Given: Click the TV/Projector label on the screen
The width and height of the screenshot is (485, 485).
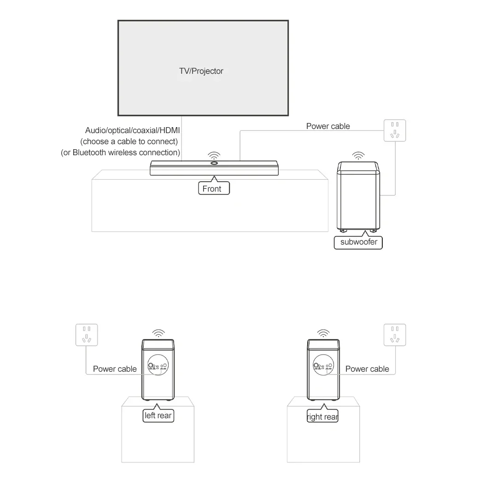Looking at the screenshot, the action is (201, 71).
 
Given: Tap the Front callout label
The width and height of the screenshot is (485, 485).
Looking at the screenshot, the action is (214, 188).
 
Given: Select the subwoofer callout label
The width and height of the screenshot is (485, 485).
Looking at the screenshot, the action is (358, 242).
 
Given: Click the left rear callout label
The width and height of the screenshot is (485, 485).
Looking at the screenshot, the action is (158, 415).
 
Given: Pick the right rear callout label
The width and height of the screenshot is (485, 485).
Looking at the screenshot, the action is (322, 416).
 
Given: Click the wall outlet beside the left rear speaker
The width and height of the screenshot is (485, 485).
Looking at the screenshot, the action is (87, 335).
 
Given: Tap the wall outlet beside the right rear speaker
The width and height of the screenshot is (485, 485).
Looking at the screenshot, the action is (395, 335).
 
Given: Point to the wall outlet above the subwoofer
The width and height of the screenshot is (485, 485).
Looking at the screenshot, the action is (395, 130).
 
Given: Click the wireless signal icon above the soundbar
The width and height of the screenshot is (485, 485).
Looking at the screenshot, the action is (214, 155).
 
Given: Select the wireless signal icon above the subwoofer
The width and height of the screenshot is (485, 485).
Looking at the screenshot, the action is (358, 156).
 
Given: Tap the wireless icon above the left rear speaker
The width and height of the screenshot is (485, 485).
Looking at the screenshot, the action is (158, 333).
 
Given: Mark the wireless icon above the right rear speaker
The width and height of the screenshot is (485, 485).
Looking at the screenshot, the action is (323, 333).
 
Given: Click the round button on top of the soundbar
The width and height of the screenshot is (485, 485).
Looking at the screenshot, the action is (214, 163).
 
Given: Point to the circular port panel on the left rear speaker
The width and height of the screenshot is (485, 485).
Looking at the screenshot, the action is (158, 365).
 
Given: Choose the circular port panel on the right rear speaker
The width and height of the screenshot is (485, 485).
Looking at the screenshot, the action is (323, 365).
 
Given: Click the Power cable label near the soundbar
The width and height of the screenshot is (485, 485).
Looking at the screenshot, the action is (328, 126).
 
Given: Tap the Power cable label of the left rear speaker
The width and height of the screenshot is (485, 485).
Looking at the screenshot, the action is (115, 369).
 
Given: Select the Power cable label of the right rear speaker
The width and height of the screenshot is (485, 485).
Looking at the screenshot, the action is (367, 369).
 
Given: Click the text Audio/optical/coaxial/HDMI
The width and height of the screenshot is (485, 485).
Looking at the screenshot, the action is (132, 130).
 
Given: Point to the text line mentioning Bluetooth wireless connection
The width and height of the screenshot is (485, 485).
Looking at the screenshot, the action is (120, 152).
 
